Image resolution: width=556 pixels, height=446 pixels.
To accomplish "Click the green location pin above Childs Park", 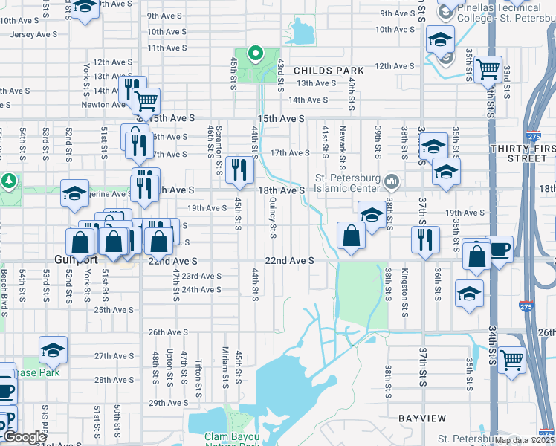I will [x=255, y=54].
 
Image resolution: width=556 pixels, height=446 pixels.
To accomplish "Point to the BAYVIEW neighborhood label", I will [x=421, y=418].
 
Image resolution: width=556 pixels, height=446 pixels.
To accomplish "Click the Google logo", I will [x=24, y=437].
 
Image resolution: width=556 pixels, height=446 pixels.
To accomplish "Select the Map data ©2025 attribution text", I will [x=524, y=440].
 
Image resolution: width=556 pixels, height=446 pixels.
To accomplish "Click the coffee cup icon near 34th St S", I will [x=500, y=248].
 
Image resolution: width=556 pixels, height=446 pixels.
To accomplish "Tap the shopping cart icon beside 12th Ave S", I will [x=488, y=69].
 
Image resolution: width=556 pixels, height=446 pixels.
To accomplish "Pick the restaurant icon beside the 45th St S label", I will [x=239, y=170].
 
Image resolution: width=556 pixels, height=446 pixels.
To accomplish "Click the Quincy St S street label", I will [x=273, y=222].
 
